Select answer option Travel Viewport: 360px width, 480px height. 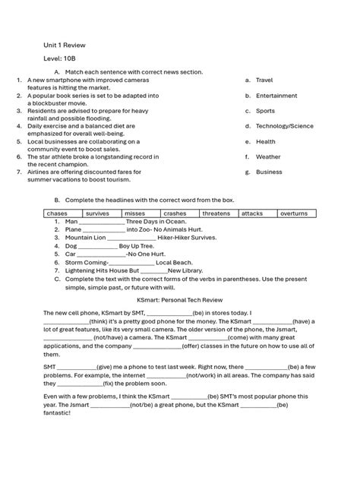pyautogui.click(x=264, y=79)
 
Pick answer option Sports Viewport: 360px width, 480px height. pyautogui.click(x=265, y=111)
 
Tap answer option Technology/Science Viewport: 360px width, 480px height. pyautogui.click(x=284, y=126)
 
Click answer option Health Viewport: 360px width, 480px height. pyautogui.click(x=265, y=141)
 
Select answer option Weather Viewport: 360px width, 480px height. pyautogui.click(x=268, y=157)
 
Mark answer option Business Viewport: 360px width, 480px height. pyautogui.click(x=269, y=172)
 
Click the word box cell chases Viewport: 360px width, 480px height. pyautogui.click(x=57, y=214)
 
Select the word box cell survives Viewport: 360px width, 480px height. pyautogui.click(x=97, y=214)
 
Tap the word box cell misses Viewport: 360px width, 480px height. pyautogui.click(x=134, y=214)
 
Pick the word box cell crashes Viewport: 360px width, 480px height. pyautogui.click(x=175, y=214)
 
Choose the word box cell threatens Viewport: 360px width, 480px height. pyautogui.click(x=216, y=214)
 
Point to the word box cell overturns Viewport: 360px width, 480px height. pyautogui.click(x=294, y=214)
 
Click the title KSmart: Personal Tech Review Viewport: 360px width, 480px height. pyautogui.click(x=179, y=301)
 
